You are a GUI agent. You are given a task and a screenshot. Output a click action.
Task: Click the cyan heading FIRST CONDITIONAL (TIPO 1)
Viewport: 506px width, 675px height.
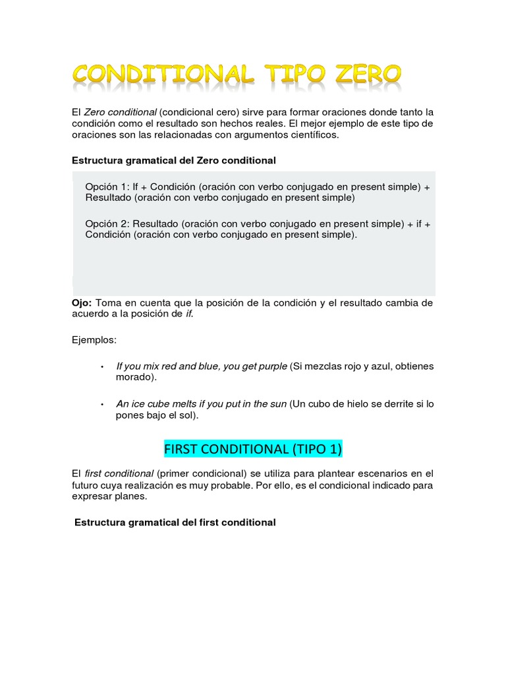pyautogui.click(x=253, y=449)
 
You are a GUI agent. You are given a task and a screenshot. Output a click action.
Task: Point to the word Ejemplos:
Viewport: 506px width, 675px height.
pyautogui.click(x=94, y=340)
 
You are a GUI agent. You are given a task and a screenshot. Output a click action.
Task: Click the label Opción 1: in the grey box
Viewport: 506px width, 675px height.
pyautogui.click(x=108, y=187)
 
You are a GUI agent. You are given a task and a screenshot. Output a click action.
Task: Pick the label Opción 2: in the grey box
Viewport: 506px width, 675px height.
pyautogui.click(x=108, y=223)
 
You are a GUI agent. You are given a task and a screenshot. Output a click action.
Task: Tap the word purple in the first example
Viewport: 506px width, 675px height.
pyautogui.click(x=270, y=367)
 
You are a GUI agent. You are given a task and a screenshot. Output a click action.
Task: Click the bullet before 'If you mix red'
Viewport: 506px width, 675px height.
pyautogui.click(x=101, y=367)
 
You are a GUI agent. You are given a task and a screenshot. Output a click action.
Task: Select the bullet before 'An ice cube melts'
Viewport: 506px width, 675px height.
pyautogui.click(x=101, y=404)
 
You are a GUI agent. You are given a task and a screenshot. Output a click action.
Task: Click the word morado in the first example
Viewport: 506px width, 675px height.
pyautogui.click(x=133, y=378)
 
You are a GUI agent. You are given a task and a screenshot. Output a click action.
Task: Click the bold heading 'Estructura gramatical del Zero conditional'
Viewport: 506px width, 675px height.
pyautogui.click(x=174, y=160)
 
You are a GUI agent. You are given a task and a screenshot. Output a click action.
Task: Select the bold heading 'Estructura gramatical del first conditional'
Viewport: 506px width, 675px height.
pyautogui.click(x=175, y=522)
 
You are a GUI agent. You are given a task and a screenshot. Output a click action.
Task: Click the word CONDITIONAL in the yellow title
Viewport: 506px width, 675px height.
pyautogui.click(x=163, y=75)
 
